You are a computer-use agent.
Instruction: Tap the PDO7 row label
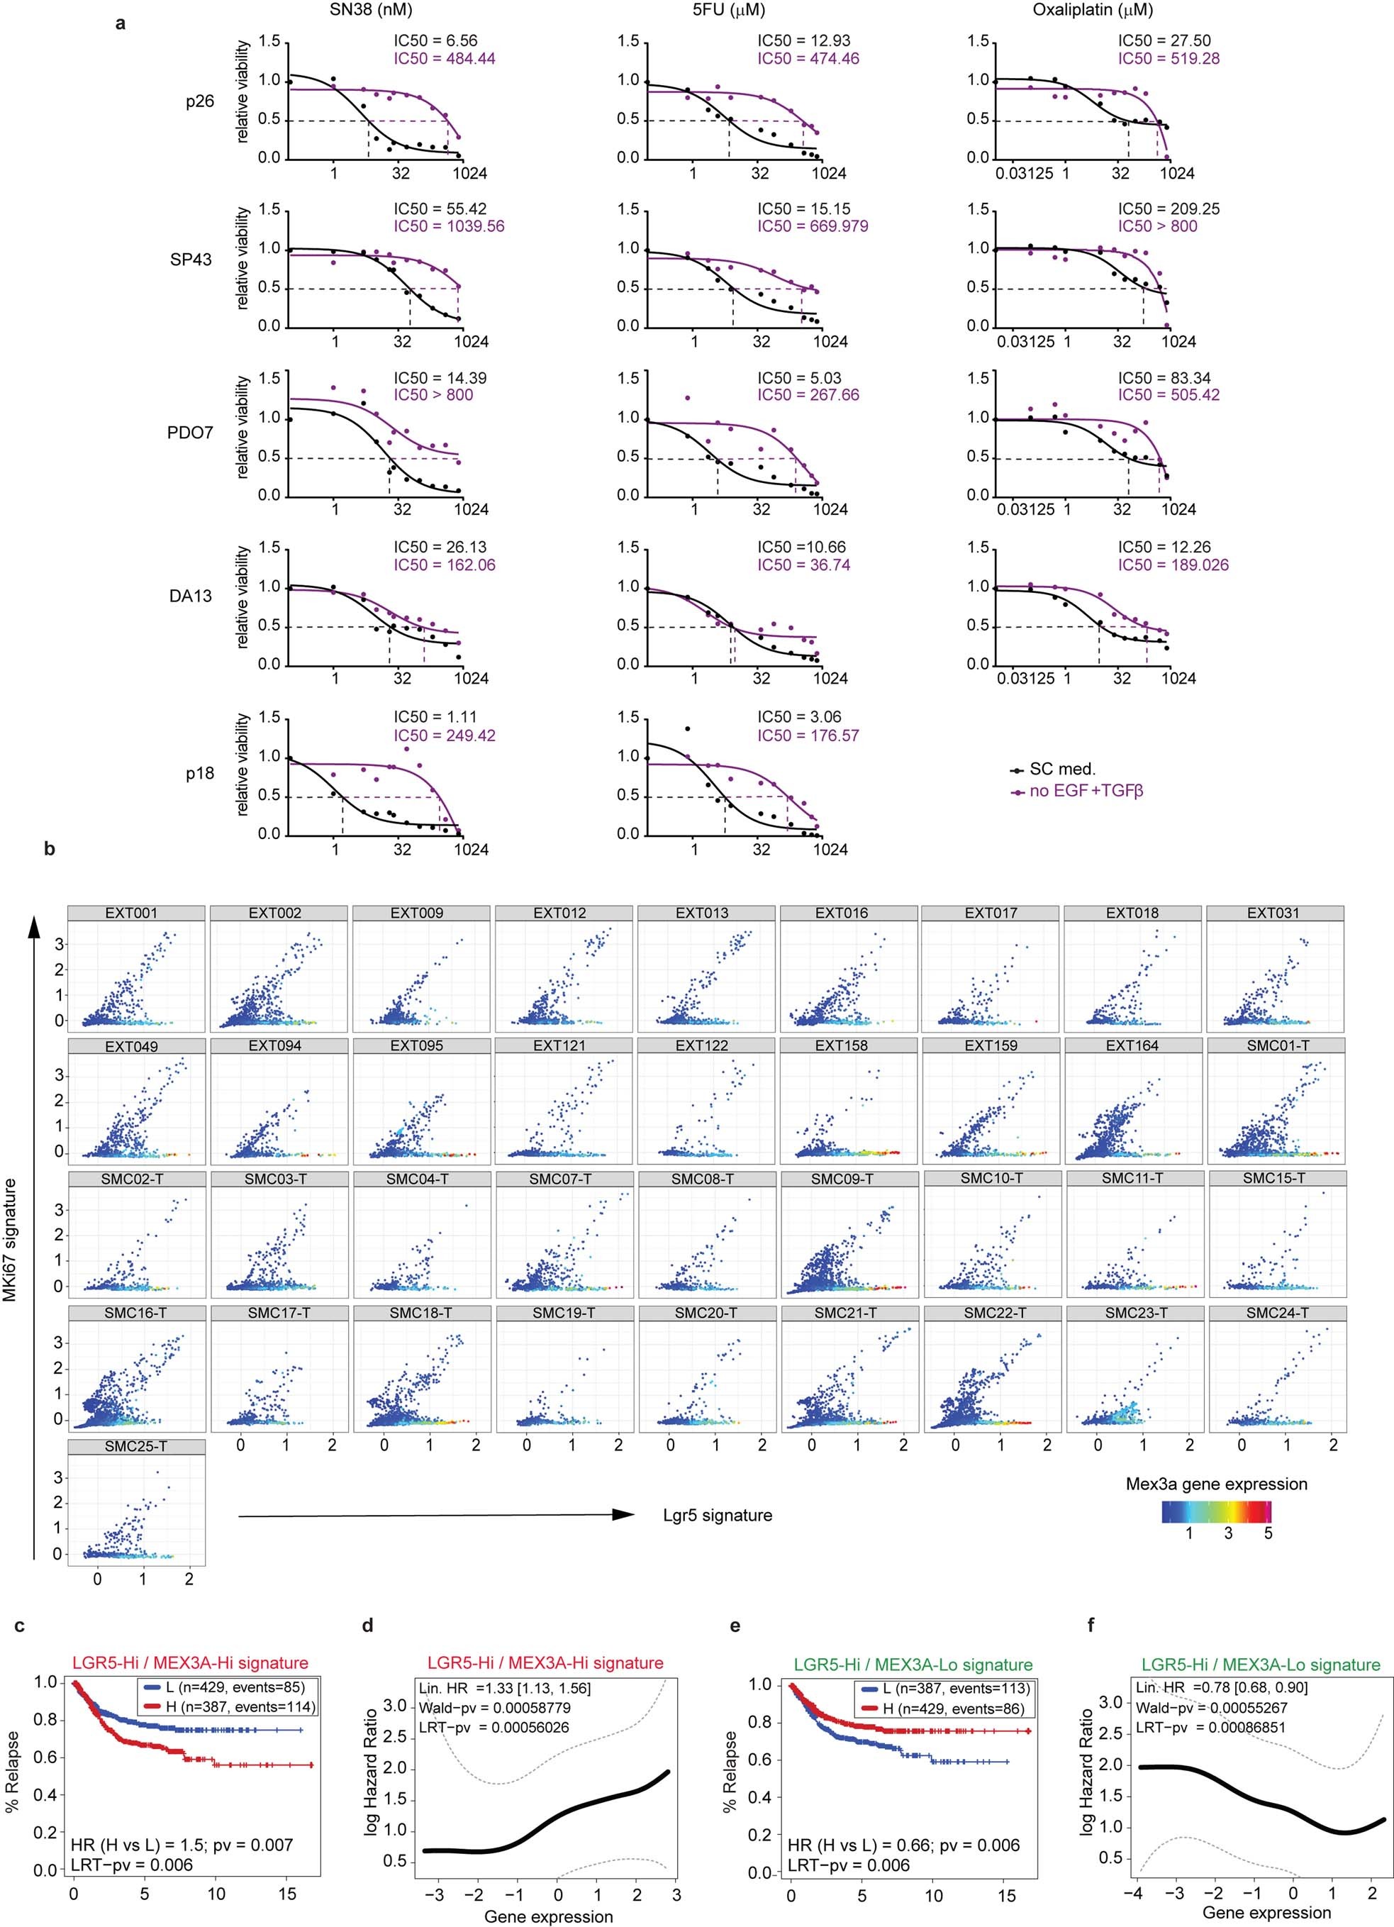189,433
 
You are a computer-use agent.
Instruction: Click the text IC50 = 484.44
445,59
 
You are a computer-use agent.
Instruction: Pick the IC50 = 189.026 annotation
1173,565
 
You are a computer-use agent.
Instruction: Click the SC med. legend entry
1062,769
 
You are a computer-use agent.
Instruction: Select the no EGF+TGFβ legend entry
1086,791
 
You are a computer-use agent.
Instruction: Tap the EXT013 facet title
702,913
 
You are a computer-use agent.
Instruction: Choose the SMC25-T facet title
136,1446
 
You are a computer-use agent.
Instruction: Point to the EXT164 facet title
1132,1046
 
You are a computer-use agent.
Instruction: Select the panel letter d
367,1626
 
